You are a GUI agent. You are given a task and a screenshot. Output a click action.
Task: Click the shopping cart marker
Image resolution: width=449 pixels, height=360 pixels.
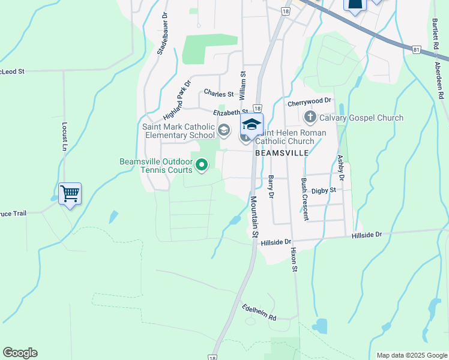tap(70, 194)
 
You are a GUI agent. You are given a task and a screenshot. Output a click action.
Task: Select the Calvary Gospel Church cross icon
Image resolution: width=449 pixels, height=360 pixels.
tap(310, 116)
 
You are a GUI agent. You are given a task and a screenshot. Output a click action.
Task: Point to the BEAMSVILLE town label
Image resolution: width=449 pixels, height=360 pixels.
tap(282, 153)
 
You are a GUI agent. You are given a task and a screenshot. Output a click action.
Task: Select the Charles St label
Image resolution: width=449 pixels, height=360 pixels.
tap(218, 94)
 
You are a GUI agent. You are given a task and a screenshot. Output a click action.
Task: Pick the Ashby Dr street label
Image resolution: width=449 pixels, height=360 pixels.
tap(340, 168)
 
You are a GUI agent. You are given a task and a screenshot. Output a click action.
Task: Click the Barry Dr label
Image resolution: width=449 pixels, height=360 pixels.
tap(271, 187)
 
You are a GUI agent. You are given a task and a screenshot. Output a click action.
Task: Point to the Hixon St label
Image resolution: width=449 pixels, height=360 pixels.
tap(294, 259)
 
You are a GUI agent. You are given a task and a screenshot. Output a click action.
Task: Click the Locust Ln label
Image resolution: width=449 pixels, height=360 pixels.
tap(64, 137)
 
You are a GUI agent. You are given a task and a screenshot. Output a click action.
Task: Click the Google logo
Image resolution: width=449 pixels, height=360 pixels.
tap(20, 353)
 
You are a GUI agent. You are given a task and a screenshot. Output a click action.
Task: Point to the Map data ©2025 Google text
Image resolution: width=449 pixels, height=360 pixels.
tap(411, 355)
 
